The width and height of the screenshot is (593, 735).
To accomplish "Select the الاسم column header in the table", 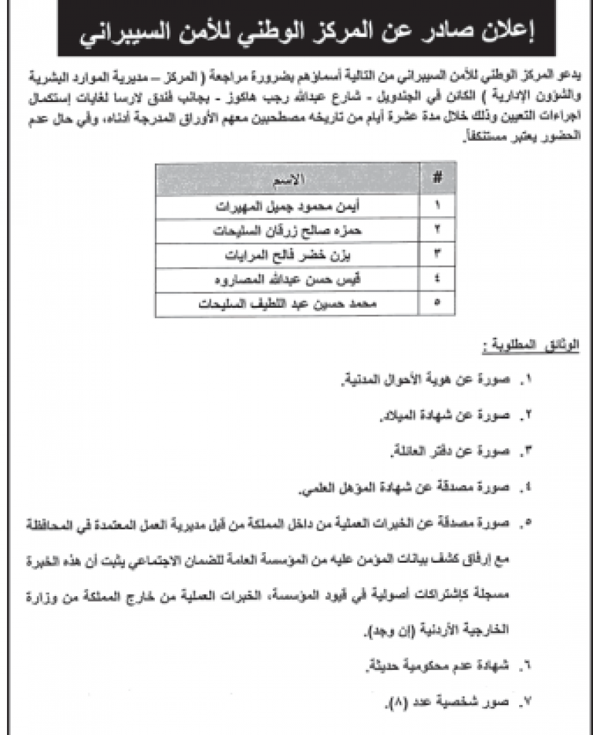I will click(290, 178).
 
